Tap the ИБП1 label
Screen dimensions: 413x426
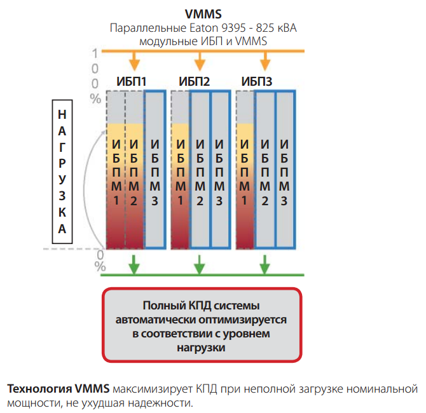pyautogui.click(x=132, y=81)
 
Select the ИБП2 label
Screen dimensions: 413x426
pyautogui.click(x=195, y=81)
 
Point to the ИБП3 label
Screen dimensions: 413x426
pyautogui.click(x=258, y=81)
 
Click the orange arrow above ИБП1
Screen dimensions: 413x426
pyautogui.click(x=134, y=60)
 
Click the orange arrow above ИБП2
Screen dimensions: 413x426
pyautogui.click(x=200, y=60)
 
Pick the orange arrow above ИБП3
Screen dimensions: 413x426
pyautogui.click(x=265, y=60)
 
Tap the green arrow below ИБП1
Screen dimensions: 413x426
pyautogui.click(x=134, y=264)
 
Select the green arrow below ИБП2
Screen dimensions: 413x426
pyautogui.click(x=200, y=264)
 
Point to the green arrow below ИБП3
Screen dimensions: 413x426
pyautogui.click(x=265, y=264)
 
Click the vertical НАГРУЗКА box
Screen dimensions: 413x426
pyautogui.click(x=62, y=171)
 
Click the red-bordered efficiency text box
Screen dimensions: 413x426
pyautogui.click(x=201, y=326)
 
